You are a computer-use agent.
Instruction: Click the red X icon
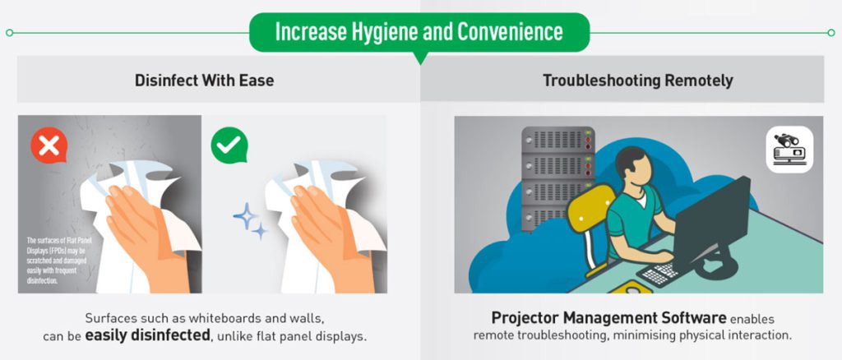pos(49,145)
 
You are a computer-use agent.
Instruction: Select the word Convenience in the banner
pos(510,32)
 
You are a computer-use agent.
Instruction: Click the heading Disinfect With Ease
pos(204,81)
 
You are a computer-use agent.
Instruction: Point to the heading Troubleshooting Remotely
pos(637,81)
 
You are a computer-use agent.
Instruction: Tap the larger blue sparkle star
pos(245,216)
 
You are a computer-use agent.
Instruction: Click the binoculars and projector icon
pos(789,149)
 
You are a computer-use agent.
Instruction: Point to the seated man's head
pos(634,166)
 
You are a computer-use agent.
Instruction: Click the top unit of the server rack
pos(558,139)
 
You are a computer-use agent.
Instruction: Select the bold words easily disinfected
pos(147,336)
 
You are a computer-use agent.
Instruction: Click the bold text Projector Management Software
pos(609,317)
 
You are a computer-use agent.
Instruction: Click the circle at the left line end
pos(9,33)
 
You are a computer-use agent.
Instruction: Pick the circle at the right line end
pos(831,33)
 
